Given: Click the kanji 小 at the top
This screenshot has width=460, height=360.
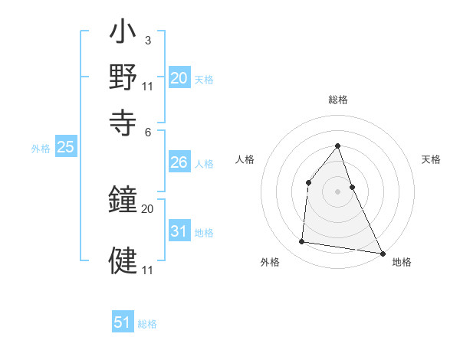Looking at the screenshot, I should [123, 35].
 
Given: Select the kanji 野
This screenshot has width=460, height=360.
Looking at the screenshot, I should [123, 77].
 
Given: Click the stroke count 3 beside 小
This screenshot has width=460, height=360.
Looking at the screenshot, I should [147, 39].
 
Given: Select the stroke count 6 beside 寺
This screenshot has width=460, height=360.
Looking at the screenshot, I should [148, 131].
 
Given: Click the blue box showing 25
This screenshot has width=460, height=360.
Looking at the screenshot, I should [65, 148].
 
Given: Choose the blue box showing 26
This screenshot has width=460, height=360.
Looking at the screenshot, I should [179, 162].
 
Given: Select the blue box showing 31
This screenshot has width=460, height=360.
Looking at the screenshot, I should [179, 231].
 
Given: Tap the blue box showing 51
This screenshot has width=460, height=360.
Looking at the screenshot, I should [123, 322].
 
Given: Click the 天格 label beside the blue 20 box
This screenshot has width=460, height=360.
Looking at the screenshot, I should [204, 79].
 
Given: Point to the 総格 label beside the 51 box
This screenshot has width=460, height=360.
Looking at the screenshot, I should [147, 324].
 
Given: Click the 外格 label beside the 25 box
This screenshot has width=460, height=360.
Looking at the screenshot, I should [41, 149].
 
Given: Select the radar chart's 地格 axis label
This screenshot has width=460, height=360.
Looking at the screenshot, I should [402, 263].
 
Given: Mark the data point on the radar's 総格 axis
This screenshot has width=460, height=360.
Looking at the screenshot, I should [337, 146].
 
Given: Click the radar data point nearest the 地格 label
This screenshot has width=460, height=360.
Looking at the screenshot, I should [382, 253].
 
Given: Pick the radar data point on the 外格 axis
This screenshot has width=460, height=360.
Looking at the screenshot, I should [302, 242].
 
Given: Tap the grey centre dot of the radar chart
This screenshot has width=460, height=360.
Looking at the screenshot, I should [337, 191].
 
